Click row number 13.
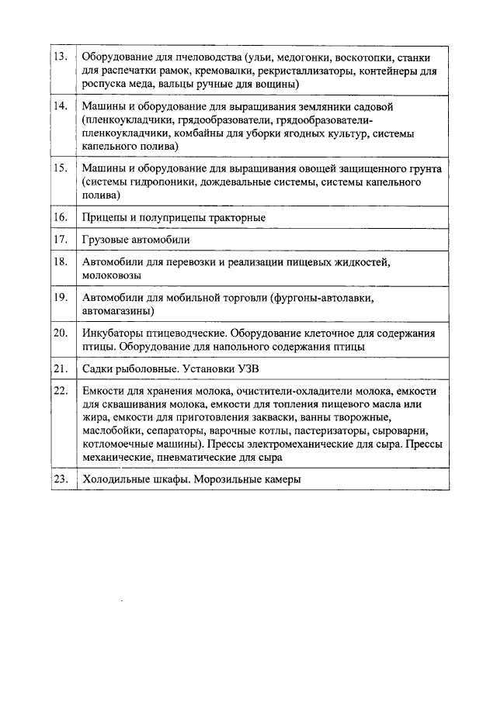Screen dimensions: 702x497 [61, 58]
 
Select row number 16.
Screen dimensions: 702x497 [61, 217]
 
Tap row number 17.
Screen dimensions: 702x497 [61, 240]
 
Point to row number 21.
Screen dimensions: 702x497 [61, 368]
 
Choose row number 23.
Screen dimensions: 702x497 [61, 479]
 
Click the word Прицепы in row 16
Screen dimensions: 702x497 [103, 218]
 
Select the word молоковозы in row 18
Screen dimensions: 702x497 [111, 275]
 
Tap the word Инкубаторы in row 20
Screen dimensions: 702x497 [111, 334]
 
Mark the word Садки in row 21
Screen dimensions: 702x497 [98, 368]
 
